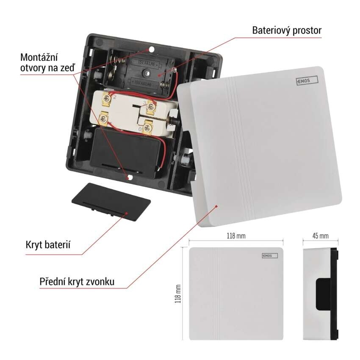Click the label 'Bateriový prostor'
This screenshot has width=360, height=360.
pyautogui.click(x=287, y=30)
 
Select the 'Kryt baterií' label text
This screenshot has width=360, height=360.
pyautogui.click(x=47, y=244)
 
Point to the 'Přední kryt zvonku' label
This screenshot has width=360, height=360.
pyautogui.click(x=77, y=281)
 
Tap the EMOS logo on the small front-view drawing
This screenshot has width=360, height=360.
pyautogui.click(x=269, y=256)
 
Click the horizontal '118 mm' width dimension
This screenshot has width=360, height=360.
pyautogui.click(x=236, y=235)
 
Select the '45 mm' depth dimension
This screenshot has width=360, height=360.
pyautogui.click(x=320, y=235)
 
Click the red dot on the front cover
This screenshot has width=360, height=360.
pyautogui.click(x=217, y=207)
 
